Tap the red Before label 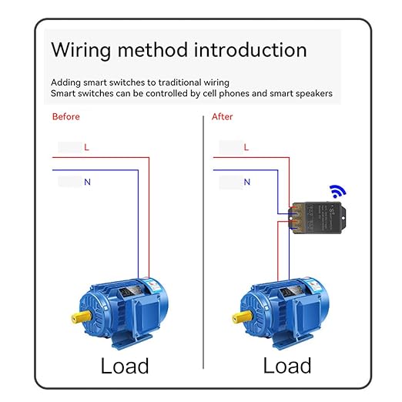[x=65, y=117]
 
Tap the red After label [x=223, y=117]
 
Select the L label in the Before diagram [x=86, y=146]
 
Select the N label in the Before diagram [x=87, y=183]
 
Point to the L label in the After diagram [x=246, y=146]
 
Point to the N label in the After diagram [x=246, y=183]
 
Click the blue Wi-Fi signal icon [x=337, y=191]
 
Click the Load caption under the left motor [x=125, y=365]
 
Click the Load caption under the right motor [x=287, y=365]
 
